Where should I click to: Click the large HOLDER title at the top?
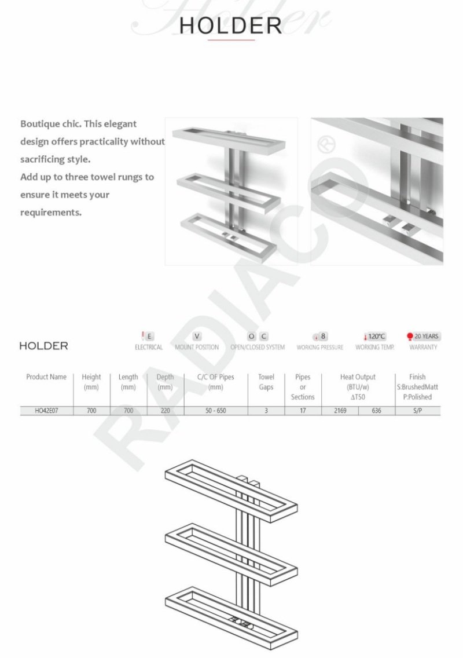tap(231, 25)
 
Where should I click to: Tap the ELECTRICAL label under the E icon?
tap(149, 348)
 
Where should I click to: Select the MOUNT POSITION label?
tap(197, 348)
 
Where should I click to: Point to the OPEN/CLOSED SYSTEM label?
tap(258, 348)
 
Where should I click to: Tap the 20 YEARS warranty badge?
tap(423, 337)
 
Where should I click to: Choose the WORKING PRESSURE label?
tap(319, 348)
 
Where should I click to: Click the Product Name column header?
tap(46, 377)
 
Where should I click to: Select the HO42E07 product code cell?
tap(46, 411)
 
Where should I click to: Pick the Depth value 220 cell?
tap(165, 411)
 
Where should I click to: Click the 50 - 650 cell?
tap(215, 411)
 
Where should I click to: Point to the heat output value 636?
tap(376, 411)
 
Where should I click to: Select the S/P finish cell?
tap(417, 411)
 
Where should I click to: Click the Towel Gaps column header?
tap(266, 382)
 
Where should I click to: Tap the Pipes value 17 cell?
tap(303, 411)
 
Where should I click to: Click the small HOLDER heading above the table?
tap(43, 346)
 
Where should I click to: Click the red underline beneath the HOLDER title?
tap(231, 41)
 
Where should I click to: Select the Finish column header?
tap(417, 377)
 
